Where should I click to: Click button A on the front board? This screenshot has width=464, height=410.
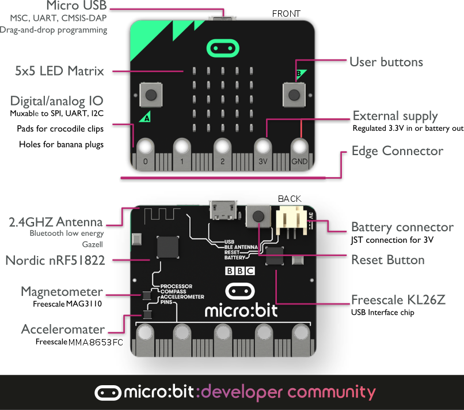150,93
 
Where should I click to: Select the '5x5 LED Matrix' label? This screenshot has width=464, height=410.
59,71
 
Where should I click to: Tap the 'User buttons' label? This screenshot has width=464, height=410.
386,62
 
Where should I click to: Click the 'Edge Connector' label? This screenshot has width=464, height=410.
397,151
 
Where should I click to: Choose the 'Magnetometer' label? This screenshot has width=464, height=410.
62,291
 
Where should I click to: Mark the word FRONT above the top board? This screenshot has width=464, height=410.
286,13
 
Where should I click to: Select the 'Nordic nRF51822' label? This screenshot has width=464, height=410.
55,261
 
